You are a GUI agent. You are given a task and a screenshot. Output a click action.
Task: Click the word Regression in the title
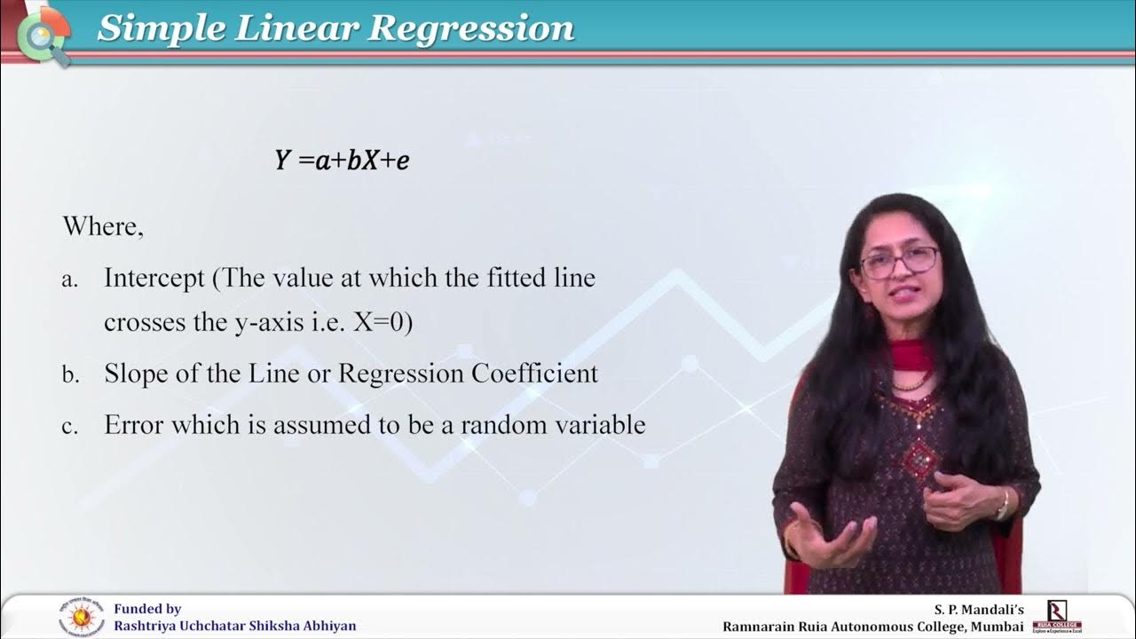[x=471, y=28]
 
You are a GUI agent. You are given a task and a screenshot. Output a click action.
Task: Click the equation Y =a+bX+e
[x=342, y=161]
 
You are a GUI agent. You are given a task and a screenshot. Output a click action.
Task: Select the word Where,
[x=103, y=226]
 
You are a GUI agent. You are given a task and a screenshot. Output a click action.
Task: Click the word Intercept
[x=154, y=279]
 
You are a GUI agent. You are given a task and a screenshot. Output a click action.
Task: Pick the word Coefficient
[x=534, y=374]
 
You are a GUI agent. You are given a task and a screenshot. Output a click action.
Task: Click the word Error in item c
[x=134, y=425]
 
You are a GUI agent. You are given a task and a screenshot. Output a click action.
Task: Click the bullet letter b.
[x=70, y=375]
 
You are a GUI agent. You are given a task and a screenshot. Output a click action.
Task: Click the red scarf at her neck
[x=911, y=355]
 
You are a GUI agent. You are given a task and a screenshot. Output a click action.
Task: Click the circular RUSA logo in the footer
[x=81, y=617]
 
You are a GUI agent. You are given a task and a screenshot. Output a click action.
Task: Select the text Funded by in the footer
[x=147, y=609]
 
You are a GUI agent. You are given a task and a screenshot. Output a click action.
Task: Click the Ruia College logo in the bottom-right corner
[x=1056, y=617]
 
